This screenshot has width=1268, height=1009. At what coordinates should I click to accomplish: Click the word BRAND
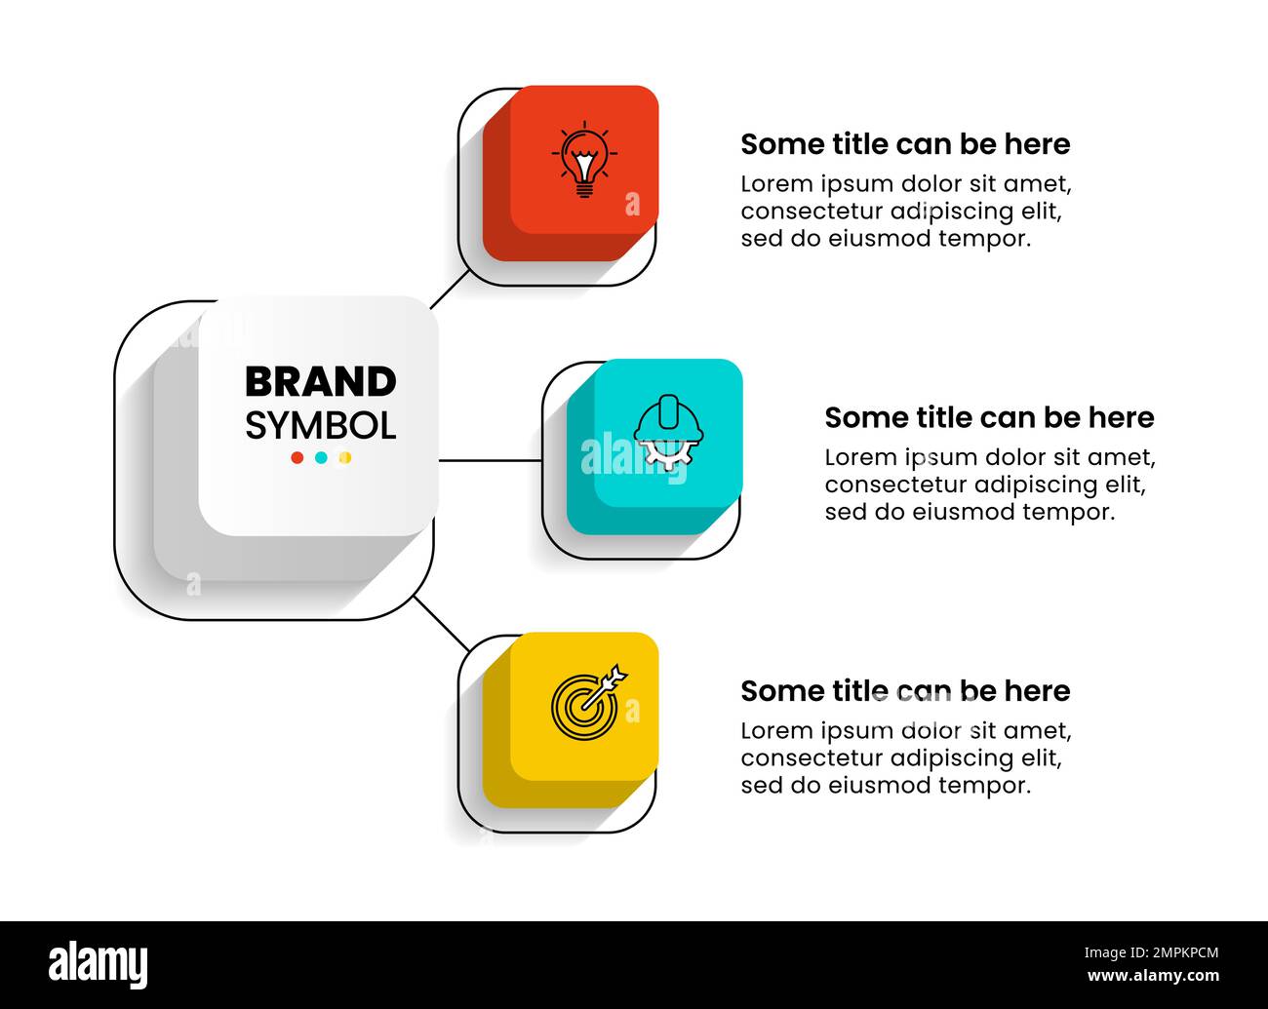click(x=320, y=382)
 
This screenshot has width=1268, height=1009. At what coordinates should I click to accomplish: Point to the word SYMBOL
click(x=320, y=426)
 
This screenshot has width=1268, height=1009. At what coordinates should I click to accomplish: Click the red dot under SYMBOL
click(x=297, y=458)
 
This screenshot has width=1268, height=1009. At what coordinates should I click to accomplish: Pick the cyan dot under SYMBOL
click(x=321, y=458)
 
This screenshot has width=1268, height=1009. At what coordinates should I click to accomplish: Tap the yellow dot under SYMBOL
click(x=344, y=458)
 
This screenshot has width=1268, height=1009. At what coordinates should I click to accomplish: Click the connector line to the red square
click(x=449, y=290)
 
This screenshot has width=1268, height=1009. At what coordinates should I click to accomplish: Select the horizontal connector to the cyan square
click(x=490, y=460)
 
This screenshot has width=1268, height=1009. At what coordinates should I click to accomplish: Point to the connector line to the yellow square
click(x=441, y=623)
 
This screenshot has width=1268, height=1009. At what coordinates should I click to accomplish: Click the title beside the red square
click(x=905, y=144)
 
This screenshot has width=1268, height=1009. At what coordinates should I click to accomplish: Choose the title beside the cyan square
click(x=989, y=417)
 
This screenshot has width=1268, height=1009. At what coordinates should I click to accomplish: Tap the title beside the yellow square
click(x=905, y=691)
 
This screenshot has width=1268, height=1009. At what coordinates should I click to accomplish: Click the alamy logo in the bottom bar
click(x=99, y=964)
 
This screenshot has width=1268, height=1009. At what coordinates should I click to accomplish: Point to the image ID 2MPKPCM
click(x=1151, y=953)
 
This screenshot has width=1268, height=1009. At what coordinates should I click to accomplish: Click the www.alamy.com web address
click(x=1152, y=976)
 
